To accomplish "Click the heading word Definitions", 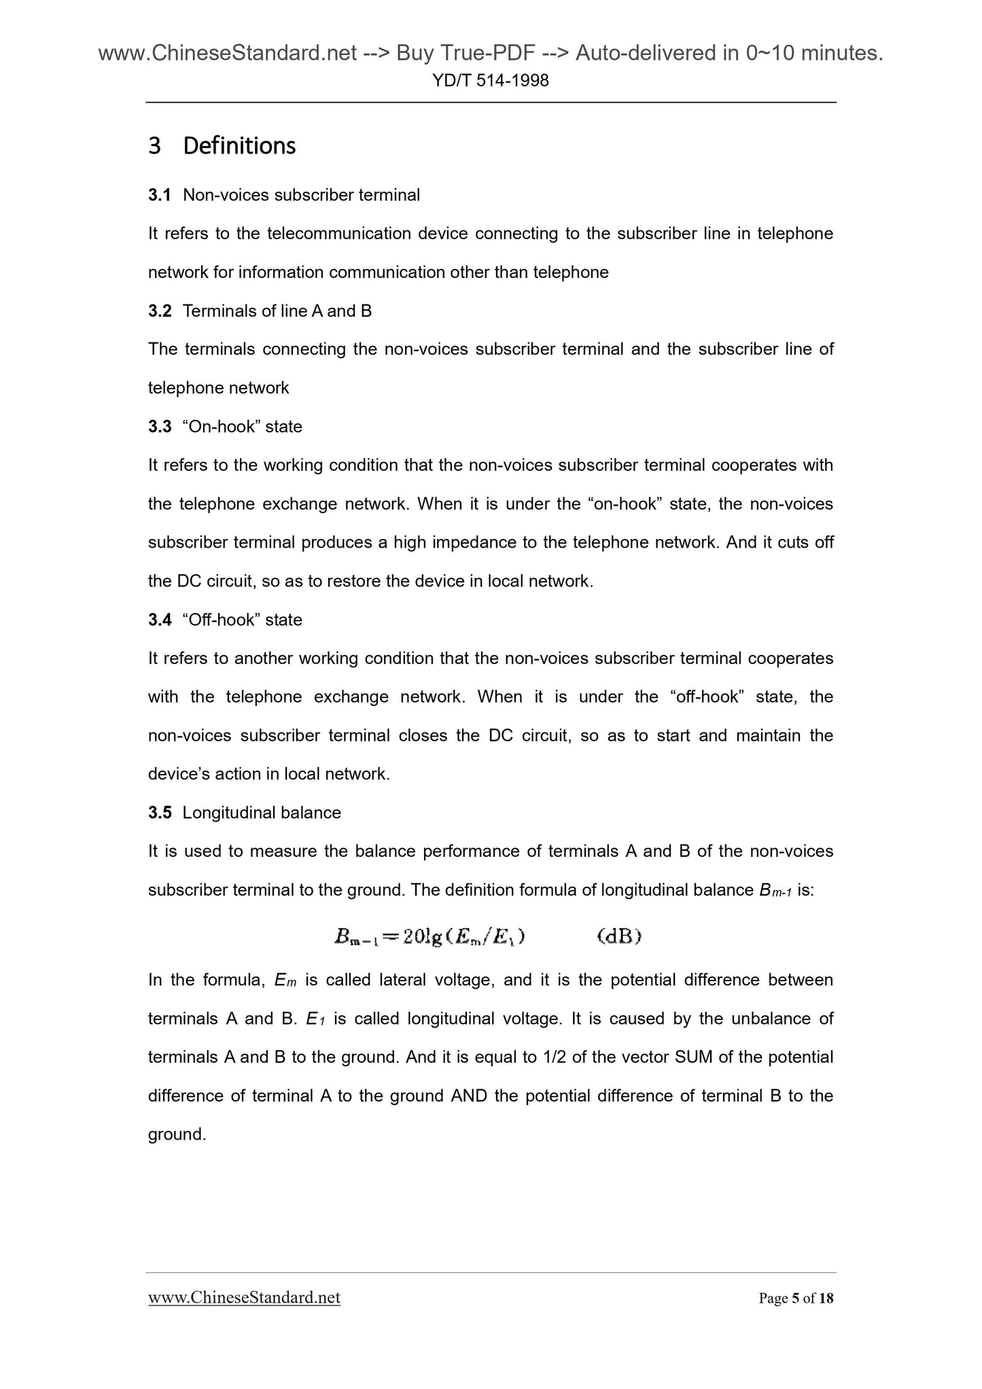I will tap(239, 145).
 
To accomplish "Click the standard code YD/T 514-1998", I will tap(491, 81).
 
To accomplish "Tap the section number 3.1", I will tap(160, 195).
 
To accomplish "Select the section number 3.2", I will tap(160, 311).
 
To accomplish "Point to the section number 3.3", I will tap(160, 427).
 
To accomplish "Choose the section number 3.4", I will tap(160, 620).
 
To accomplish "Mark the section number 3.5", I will tap(160, 813).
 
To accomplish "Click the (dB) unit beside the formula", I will tap(619, 937).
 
